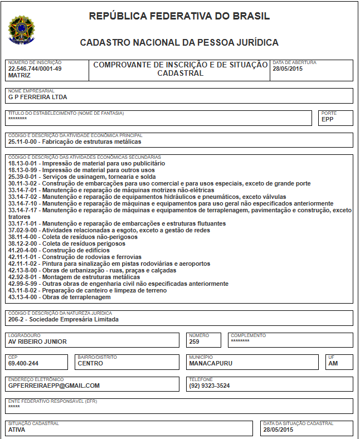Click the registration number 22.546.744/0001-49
click(35, 69)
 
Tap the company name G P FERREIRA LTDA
click(38, 97)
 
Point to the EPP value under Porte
click(327, 119)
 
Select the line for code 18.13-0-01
click(86, 163)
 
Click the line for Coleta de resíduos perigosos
click(67, 243)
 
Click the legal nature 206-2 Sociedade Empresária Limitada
click(63, 319)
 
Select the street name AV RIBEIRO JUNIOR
click(37, 342)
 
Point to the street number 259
click(194, 342)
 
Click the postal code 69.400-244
click(23, 363)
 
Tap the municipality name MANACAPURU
click(211, 363)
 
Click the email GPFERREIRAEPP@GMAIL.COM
click(53, 386)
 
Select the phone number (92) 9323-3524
click(209, 386)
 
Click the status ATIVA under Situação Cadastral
click(17, 430)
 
